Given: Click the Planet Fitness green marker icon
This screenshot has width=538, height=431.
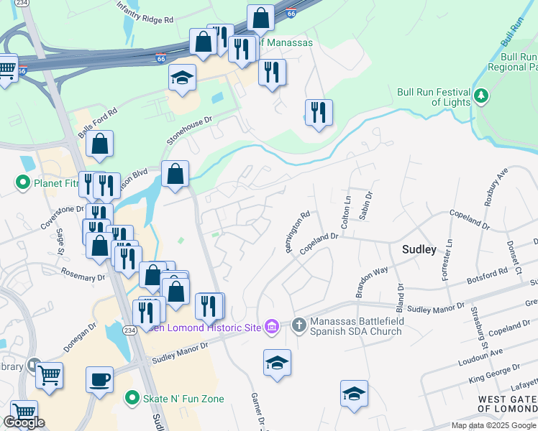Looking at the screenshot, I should (x=23, y=183).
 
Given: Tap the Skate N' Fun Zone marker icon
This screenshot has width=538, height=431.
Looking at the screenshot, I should (x=132, y=398).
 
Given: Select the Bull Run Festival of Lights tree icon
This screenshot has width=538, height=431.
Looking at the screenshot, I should (x=482, y=96).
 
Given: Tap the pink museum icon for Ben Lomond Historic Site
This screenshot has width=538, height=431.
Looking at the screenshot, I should (x=271, y=328).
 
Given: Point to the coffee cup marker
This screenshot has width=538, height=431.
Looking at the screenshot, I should (x=99, y=379).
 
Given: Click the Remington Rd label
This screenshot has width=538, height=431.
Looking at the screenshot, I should (x=297, y=232).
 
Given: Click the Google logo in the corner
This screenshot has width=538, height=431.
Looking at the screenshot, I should (x=24, y=422).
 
